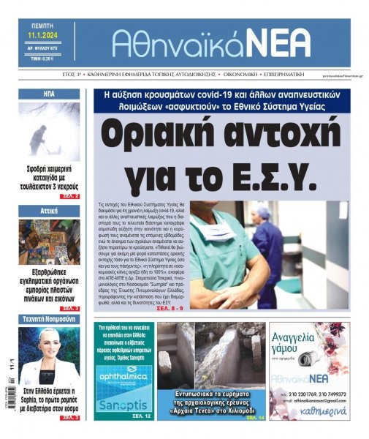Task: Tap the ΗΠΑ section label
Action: (49, 94)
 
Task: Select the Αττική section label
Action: (49, 211)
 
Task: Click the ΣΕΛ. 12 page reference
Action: (142, 416)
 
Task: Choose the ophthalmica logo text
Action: (122, 379)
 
